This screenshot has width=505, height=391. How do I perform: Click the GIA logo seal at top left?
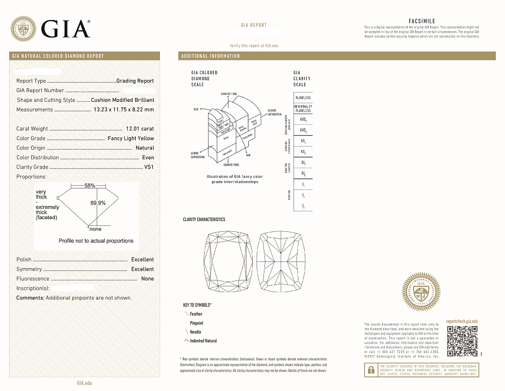23,29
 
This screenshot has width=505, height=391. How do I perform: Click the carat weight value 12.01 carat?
139,129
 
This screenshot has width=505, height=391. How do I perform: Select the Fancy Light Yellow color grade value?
131,139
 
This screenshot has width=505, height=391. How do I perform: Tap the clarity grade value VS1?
149,167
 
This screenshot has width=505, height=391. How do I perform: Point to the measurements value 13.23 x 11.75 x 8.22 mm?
123,110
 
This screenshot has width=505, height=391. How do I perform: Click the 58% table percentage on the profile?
89,186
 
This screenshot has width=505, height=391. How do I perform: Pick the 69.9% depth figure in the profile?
98,203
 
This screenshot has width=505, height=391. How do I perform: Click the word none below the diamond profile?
96,229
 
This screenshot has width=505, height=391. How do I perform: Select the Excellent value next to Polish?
142,260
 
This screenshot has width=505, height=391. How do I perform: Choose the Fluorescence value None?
147,279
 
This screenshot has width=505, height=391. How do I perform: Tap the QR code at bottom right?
462,340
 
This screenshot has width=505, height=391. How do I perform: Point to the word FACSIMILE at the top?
422,21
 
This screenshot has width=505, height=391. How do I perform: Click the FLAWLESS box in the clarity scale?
303,98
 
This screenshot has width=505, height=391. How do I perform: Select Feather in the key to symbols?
196,314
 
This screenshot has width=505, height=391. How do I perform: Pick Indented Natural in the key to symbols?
203,341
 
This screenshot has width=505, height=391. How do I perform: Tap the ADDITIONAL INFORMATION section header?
210,56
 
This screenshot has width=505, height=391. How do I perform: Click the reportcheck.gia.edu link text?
462,321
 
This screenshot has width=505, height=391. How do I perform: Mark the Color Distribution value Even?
148,158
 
